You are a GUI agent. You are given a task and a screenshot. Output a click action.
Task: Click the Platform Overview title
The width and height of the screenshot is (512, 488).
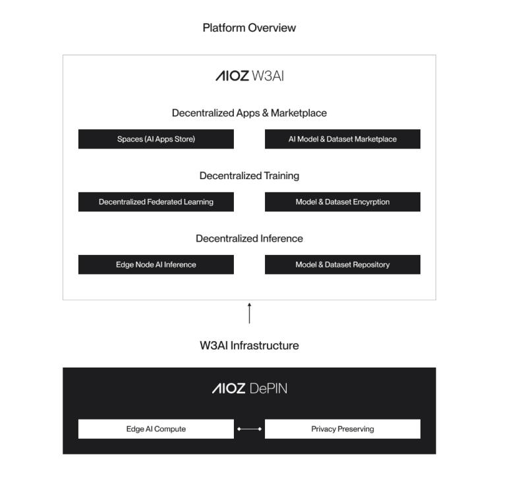point(249,28)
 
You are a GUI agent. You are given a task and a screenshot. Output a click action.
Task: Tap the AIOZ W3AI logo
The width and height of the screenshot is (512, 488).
point(249,76)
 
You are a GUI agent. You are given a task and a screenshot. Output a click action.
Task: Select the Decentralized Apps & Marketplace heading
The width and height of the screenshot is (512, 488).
point(249,113)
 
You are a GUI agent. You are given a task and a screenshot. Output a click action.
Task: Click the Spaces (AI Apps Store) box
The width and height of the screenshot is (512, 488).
point(156,139)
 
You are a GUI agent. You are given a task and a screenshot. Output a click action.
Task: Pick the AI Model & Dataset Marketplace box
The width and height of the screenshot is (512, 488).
point(343,139)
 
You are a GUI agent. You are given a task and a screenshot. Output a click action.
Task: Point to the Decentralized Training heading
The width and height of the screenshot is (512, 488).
point(249,176)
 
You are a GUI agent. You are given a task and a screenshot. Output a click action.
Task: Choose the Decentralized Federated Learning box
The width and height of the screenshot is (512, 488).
point(156,202)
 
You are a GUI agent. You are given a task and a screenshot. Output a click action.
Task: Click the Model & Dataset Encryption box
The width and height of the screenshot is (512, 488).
point(343,202)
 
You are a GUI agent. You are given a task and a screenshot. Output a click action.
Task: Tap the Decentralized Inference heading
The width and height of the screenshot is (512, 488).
point(249,238)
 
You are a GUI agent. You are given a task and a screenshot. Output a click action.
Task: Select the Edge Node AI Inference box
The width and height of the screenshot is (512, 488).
point(156,264)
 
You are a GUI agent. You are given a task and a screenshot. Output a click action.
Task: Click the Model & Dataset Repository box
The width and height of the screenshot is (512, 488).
point(343,264)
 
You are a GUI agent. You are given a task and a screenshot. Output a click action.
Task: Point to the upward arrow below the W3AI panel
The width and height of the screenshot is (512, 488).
point(249,313)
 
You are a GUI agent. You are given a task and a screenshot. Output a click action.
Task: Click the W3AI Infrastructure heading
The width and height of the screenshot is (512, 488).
point(249,345)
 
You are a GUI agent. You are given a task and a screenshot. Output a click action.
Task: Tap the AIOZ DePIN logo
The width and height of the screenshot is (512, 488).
point(249,389)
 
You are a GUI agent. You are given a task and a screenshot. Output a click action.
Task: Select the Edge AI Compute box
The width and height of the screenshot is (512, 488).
point(156,429)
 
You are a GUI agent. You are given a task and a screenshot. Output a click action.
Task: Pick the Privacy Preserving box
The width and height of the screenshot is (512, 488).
point(343,429)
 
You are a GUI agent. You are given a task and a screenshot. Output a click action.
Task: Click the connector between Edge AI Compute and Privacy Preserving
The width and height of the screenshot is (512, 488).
point(249,429)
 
